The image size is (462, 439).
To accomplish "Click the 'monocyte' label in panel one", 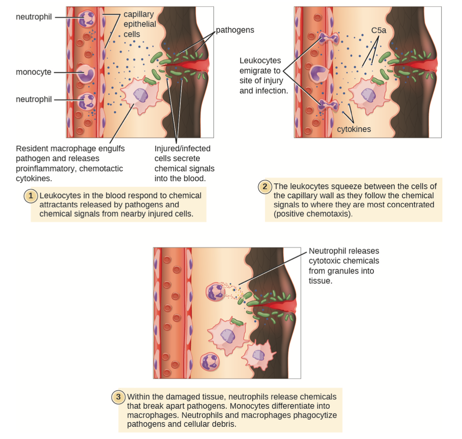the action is [34, 72].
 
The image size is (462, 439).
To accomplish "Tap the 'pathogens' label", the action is [235, 30].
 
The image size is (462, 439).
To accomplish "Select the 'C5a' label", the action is [378, 30].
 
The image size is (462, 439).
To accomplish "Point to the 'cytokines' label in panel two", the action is [354, 129].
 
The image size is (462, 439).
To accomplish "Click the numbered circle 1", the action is [31, 196].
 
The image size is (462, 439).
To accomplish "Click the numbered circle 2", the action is [265, 187].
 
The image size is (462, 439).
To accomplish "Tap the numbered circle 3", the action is [118, 397].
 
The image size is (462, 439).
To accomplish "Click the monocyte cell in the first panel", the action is [86, 74].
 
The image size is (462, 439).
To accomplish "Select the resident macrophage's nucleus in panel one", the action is [140, 95].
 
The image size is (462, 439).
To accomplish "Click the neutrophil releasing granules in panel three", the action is [216, 291].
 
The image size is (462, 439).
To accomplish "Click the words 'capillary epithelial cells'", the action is [140, 24].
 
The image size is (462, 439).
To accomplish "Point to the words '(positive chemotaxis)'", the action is [313, 214].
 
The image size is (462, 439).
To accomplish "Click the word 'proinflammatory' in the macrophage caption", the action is [45, 168].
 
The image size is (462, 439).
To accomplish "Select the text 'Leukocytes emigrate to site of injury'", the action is [261, 71].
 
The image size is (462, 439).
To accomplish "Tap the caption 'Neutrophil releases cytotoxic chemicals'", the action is [344, 256].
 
